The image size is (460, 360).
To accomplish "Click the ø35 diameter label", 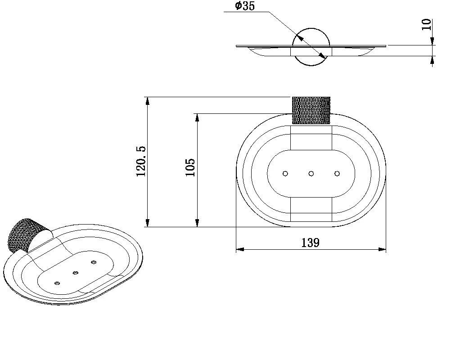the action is tap(245, 6).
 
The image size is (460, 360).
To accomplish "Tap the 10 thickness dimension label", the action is tap(426, 25).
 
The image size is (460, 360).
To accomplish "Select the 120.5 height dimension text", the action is tap(141, 162).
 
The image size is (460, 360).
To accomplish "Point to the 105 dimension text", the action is tap(190, 167).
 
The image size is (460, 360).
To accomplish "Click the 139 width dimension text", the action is tap(311, 243).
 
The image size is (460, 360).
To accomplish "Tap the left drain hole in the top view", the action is tap(285, 174).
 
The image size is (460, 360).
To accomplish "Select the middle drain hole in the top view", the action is tap(311, 174).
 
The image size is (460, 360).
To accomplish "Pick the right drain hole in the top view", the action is tap(337, 174).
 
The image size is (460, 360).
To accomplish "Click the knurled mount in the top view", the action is tap(311, 110).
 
